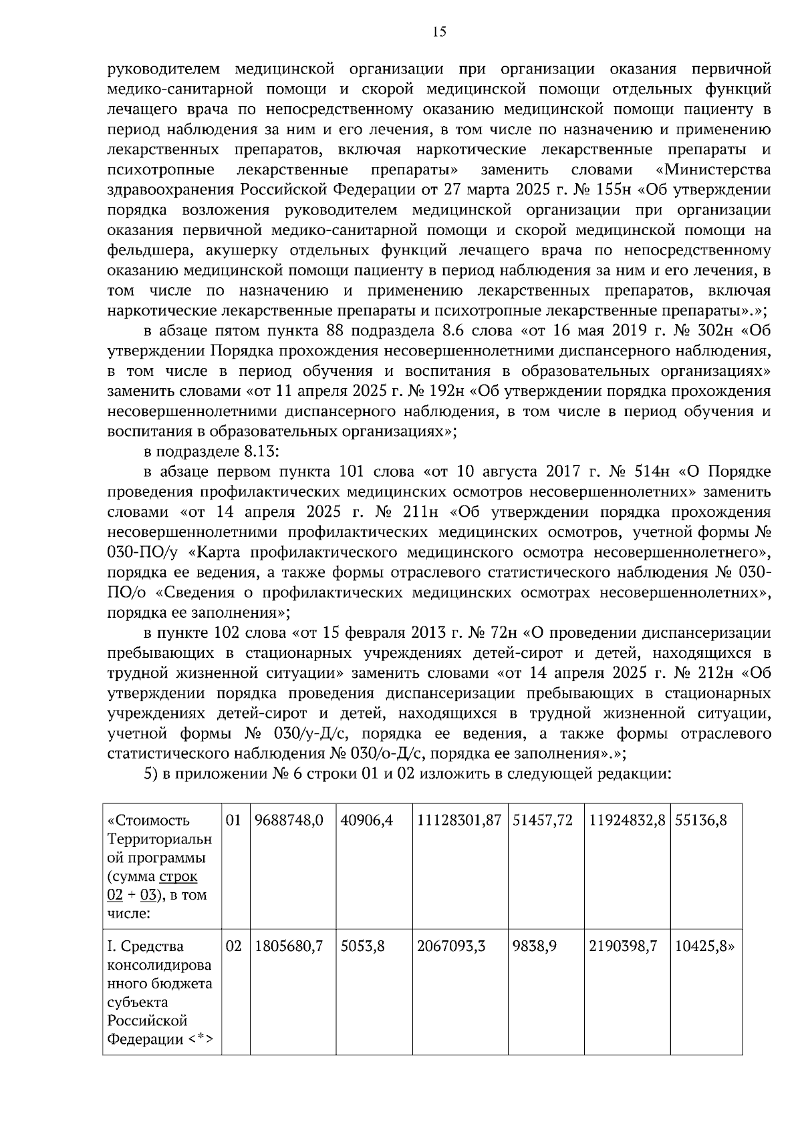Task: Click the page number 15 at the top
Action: click(x=439, y=31)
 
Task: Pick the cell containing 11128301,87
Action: click(x=458, y=820)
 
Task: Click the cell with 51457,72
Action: click(x=543, y=820)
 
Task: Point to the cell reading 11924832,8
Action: click(x=627, y=820)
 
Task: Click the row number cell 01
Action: click(x=233, y=820)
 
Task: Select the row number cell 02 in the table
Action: click(x=233, y=946)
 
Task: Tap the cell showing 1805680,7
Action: click(x=289, y=946)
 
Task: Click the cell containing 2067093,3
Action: click(x=451, y=946)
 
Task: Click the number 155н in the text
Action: click(x=612, y=190)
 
